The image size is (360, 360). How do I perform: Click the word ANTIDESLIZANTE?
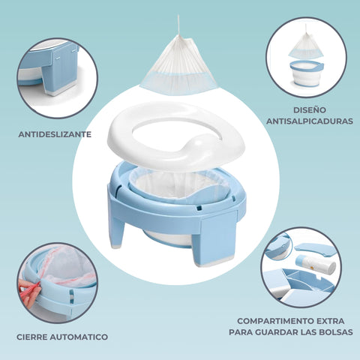click(55, 134)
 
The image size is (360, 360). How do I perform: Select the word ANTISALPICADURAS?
click(310, 121)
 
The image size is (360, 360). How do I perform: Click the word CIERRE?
click(32, 337)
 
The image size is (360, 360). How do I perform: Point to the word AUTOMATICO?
click(79, 337)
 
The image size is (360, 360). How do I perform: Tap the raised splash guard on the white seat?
click(197, 145)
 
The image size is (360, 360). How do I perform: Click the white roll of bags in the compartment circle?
click(316, 264)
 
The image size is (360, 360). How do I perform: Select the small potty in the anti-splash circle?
click(307, 73)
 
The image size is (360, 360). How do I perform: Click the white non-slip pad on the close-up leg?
click(61, 91)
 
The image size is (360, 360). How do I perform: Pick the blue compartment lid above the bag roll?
click(314, 250)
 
